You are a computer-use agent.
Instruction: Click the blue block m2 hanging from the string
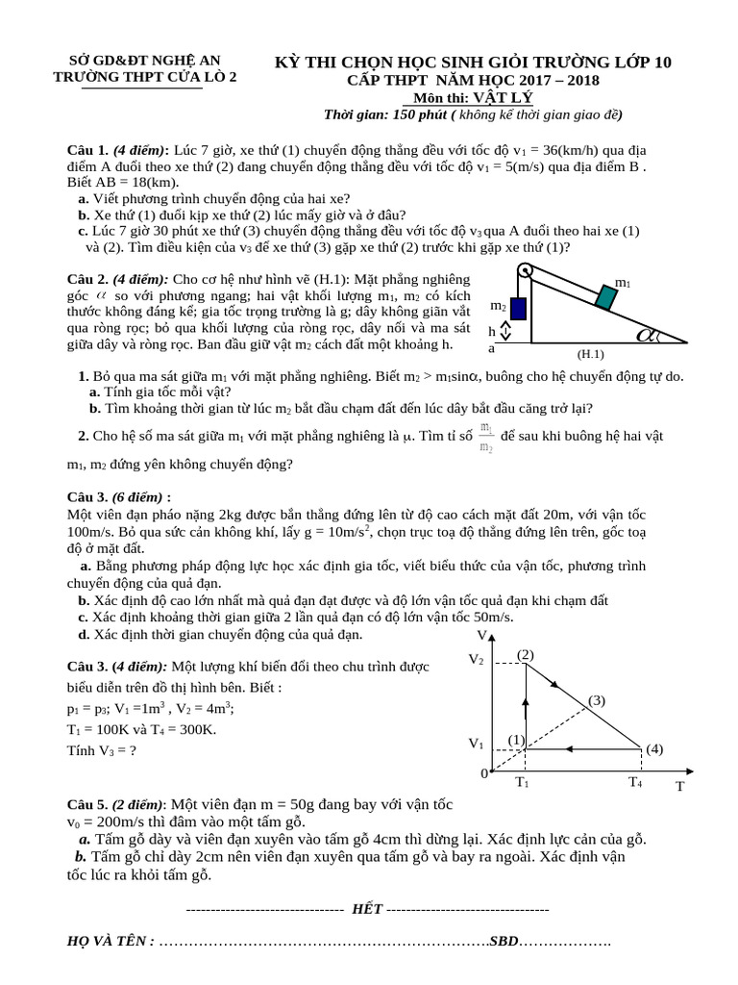(x=518, y=309)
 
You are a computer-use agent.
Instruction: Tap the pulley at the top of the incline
(x=525, y=269)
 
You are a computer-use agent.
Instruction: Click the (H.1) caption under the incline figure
(x=591, y=353)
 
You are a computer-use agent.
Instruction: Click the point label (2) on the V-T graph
(x=525, y=655)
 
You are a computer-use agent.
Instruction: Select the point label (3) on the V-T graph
(x=597, y=700)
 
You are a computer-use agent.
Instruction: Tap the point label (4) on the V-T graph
(x=654, y=748)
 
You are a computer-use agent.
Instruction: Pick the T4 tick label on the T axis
(x=635, y=782)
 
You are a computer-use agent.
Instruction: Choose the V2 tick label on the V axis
(x=477, y=660)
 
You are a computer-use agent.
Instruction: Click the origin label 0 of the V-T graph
(x=484, y=773)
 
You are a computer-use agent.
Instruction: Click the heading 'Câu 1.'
(x=87, y=151)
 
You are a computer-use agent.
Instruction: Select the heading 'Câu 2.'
(x=87, y=278)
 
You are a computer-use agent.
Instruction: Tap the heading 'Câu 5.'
(x=87, y=804)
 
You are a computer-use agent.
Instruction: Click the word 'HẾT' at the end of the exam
(x=367, y=908)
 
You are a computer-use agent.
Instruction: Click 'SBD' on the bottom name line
(x=504, y=941)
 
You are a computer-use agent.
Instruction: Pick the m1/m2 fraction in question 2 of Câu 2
(x=487, y=438)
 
